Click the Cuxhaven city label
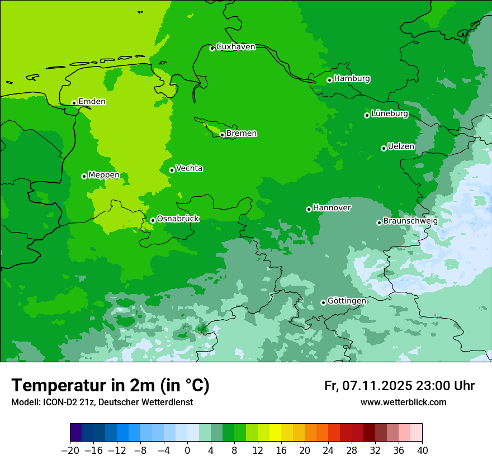235,47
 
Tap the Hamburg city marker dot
330,80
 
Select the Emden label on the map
92,102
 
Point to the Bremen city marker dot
222,135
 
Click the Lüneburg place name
390,114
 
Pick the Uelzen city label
401,147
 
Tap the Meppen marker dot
84,176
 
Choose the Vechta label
189,169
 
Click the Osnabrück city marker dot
153,220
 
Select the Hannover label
332,208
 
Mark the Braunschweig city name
410,221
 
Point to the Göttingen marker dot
323,302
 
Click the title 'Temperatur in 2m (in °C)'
110,386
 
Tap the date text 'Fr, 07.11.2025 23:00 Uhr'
399,386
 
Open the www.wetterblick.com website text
403,403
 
